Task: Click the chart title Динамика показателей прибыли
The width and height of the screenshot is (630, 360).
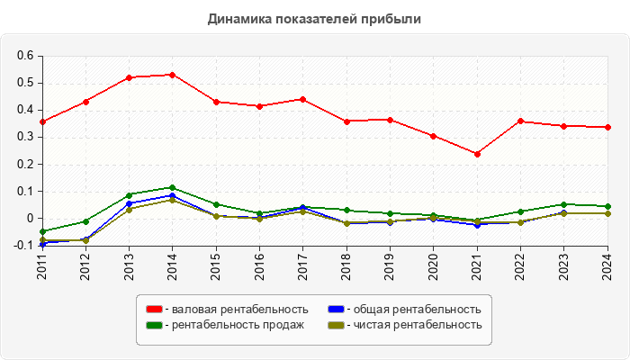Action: click(x=315, y=18)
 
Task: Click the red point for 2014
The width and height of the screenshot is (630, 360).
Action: click(x=172, y=75)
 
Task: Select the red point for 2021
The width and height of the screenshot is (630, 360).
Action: click(x=477, y=154)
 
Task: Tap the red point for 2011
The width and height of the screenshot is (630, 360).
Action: click(x=42, y=121)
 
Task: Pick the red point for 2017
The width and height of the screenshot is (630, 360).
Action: click(x=303, y=99)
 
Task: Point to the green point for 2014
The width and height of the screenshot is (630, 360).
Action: click(x=172, y=187)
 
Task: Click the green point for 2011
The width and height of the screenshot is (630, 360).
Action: click(x=42, y=231)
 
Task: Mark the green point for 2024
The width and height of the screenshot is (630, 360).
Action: click(x=607, y=206)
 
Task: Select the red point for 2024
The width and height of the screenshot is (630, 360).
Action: click(x=607, y=127)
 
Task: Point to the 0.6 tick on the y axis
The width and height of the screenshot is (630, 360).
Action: click(x=25, y=56)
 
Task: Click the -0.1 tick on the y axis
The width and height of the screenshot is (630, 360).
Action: click(x=23, y=245)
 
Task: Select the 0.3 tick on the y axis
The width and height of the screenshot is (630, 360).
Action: click(x=25, y=137)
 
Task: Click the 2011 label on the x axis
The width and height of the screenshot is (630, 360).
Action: click(x=42, y=267)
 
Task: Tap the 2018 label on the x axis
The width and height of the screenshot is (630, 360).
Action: click(x=346, y=267)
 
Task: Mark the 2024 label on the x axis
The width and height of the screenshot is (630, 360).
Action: click(x=607, y=267)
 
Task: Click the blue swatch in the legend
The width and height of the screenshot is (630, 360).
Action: click(x=334, y=310)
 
